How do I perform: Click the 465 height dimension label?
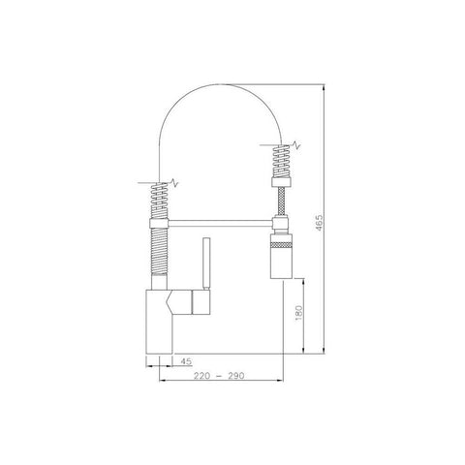click(319, 223)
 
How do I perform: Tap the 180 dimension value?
click(298, 313)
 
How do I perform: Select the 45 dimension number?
click(186, 361)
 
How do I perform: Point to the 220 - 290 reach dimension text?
click(219, 376)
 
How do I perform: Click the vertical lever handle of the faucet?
click(206, 263)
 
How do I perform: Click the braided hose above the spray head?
click(282, 201)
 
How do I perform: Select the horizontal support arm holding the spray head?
click(221, 223)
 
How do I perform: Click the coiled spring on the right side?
click(282, 161)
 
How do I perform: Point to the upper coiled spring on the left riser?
click(159, 201)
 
